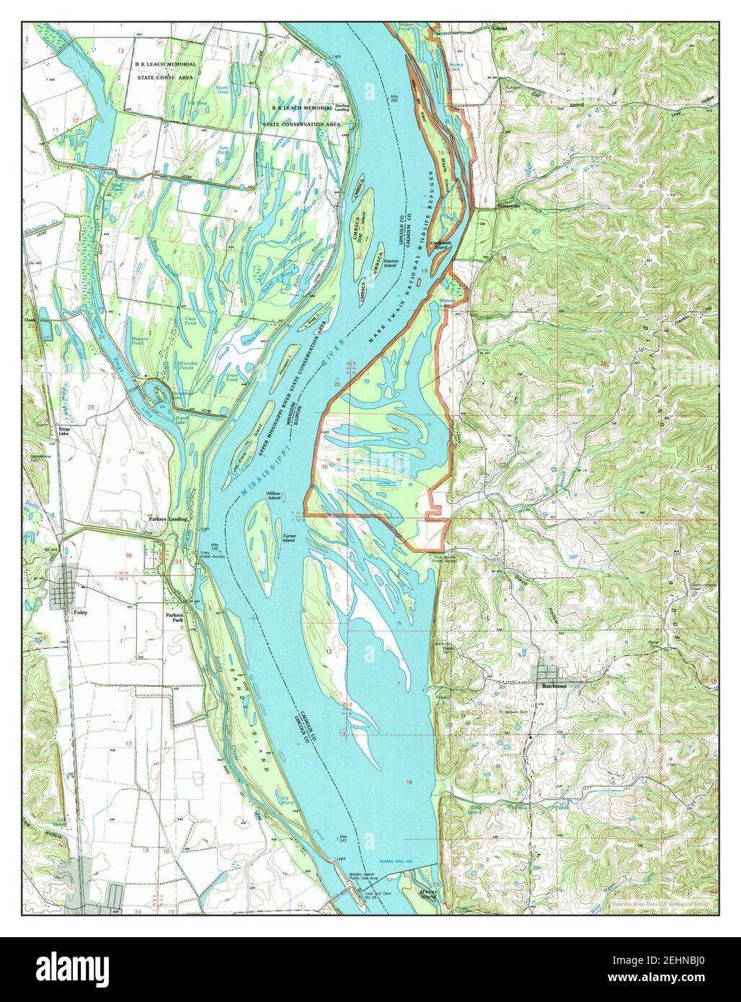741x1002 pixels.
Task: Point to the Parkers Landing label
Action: [169, 519]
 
